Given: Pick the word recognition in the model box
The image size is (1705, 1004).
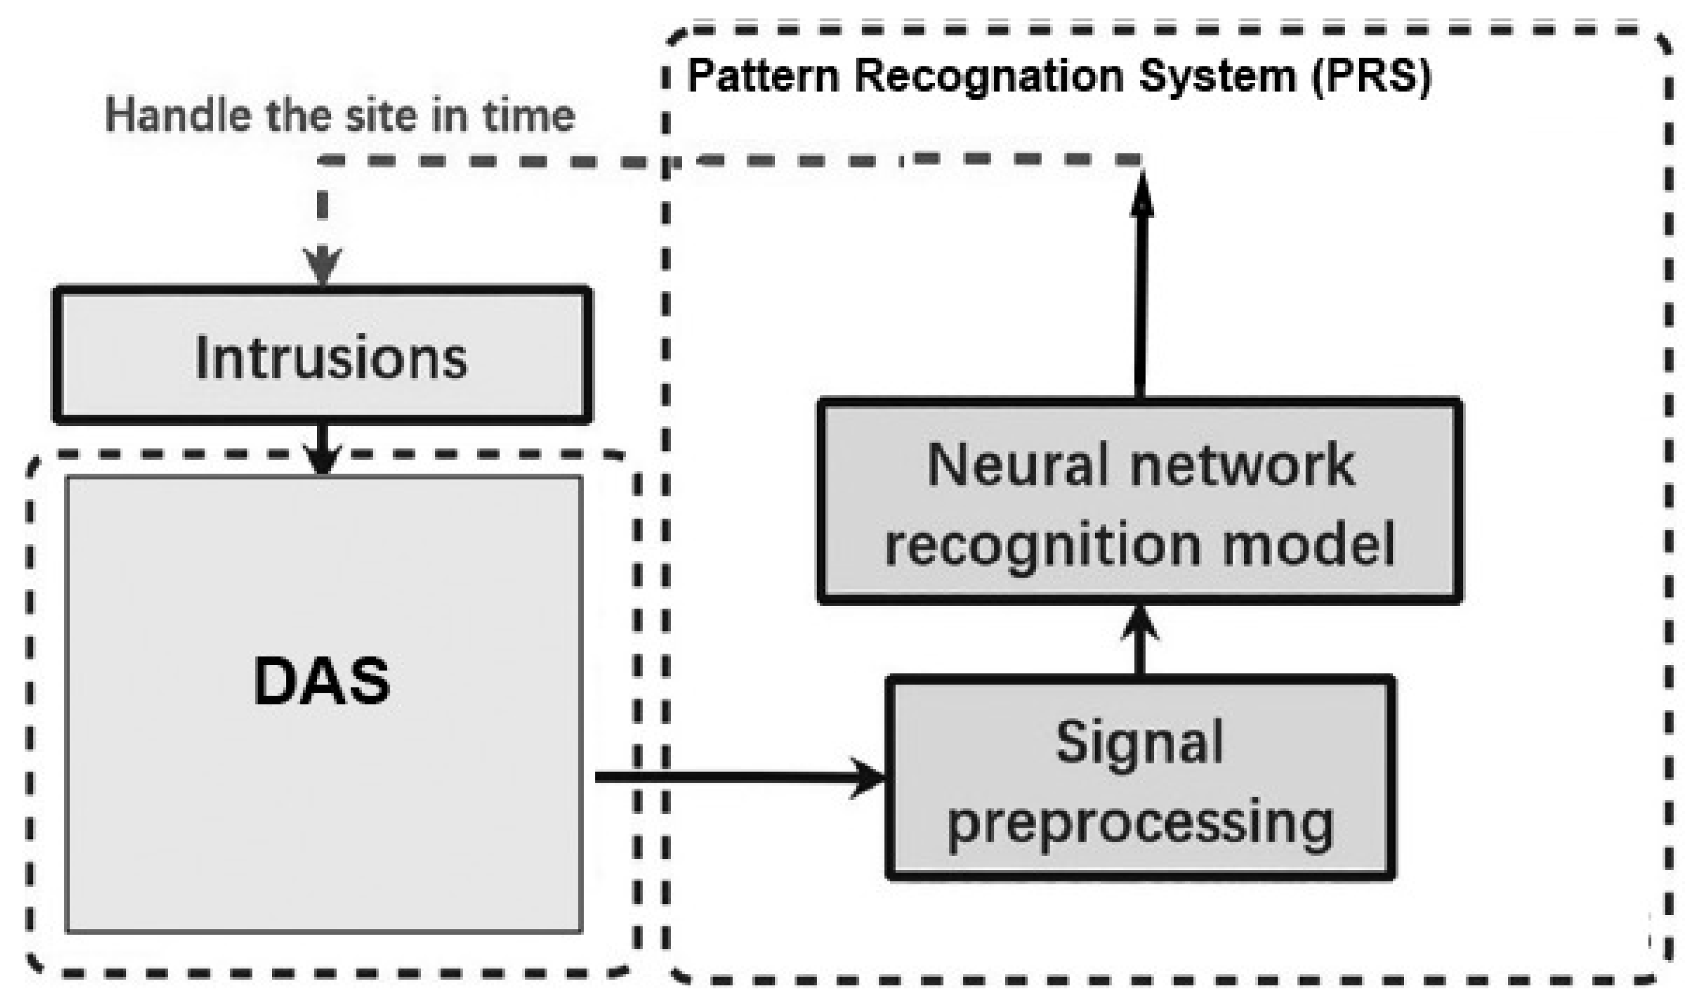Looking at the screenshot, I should click(x=1043, y=547).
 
